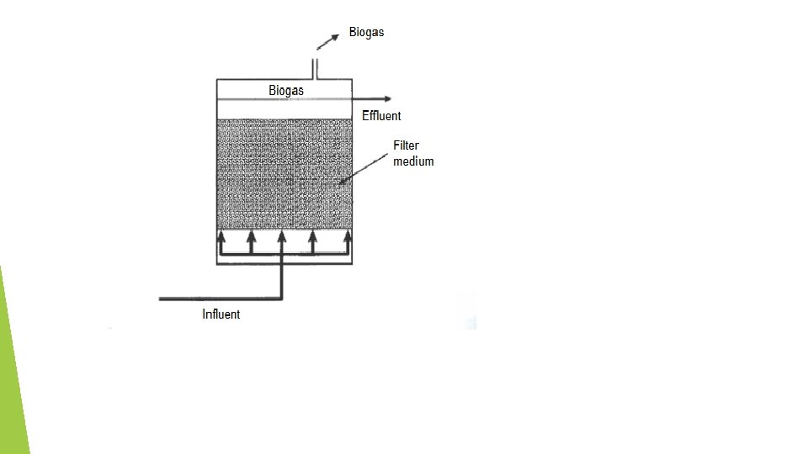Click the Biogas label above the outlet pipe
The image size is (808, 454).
point(366,34)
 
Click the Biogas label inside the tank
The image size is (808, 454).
point(286,90)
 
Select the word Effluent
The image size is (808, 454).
point(381,116)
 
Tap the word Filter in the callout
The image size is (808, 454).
point(406,145)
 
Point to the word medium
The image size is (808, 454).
point(413,161)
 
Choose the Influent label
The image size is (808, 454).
point(221,314)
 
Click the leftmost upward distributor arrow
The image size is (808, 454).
point(221,240)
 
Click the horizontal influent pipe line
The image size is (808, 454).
point(219,298)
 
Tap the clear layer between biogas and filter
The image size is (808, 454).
point(284,109)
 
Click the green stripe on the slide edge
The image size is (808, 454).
point(12,370)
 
